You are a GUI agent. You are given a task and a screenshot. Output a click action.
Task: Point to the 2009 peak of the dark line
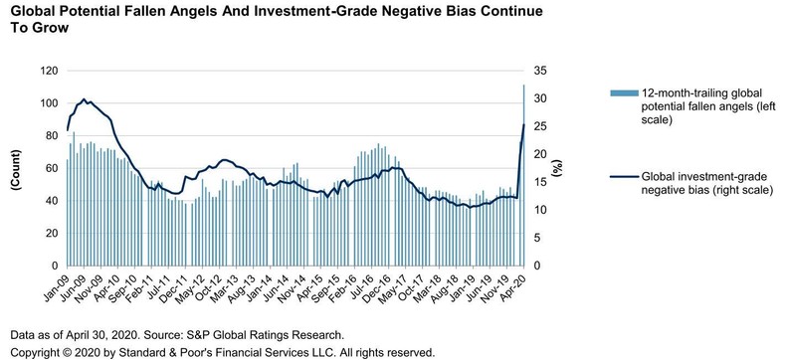click(x=85, y=99)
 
